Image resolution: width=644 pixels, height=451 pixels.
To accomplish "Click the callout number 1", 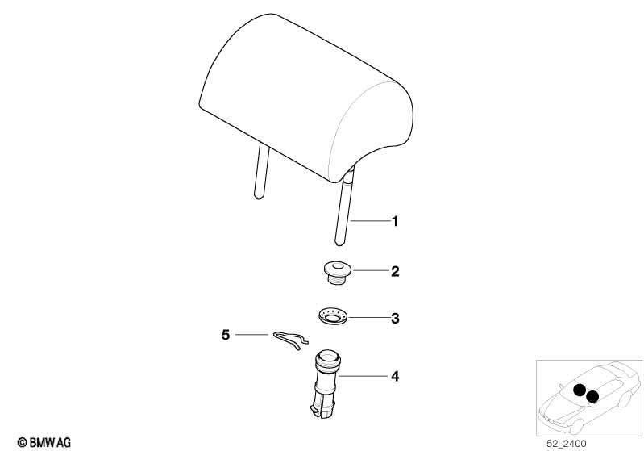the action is [395, 222].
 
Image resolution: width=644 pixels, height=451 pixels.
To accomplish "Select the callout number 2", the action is [395, 271].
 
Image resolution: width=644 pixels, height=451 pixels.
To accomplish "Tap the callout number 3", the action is [395, 318].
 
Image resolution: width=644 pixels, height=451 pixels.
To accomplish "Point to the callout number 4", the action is [395, 376].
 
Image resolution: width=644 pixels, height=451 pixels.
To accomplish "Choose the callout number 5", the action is [226, 335].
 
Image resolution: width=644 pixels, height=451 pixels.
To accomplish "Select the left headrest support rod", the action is [261, 170].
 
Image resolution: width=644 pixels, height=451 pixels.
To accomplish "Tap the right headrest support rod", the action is [344, 206].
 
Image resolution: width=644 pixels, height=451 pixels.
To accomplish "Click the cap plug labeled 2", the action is [336, 272].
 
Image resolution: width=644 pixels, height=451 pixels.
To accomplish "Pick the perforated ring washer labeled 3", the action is [334, 317].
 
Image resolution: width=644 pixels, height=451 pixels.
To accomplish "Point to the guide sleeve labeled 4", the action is [326, 384].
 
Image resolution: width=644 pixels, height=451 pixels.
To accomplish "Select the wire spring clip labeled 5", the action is [291, 340].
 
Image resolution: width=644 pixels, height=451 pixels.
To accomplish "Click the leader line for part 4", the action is [364, 376].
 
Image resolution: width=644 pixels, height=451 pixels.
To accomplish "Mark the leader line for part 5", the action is [251, 335].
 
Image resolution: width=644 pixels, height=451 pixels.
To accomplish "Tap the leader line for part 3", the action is [369, 318].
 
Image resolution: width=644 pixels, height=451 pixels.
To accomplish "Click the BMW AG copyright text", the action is [44, 443].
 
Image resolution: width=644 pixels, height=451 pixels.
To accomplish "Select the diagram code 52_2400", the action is [567, 444].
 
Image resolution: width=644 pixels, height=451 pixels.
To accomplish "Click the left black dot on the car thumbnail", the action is [580, 390].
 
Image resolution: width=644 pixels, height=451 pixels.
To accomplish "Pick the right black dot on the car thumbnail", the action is [592, 397].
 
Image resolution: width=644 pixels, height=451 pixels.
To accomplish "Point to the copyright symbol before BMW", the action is [23, 443].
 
